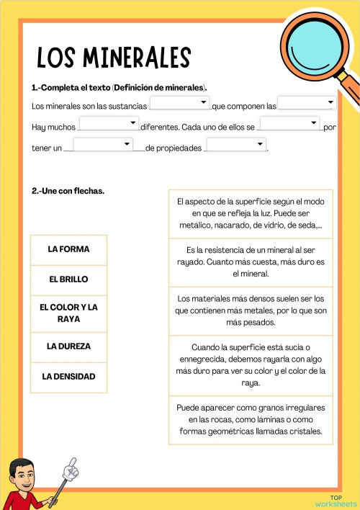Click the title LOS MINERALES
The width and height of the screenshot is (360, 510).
[114, 58]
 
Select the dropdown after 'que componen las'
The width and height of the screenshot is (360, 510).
[307, 103]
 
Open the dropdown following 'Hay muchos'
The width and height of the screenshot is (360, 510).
[109, 124]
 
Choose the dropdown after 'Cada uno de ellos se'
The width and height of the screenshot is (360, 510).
[289, 124]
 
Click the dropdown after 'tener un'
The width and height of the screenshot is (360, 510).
[103, 145]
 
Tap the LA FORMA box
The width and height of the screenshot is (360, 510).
[69, 249]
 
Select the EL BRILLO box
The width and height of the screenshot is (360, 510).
[69, 279]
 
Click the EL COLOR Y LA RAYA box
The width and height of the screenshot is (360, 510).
[69, 313]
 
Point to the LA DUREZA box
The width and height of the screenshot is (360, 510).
[69, 346]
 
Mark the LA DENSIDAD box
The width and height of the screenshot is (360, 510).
[69, 377]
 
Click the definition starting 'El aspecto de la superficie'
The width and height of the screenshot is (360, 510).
[251, 214]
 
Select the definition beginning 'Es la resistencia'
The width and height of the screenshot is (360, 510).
[251, 261]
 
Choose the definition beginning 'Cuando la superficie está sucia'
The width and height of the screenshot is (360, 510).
[251, 365]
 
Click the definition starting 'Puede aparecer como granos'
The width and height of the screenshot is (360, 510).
[251, 420]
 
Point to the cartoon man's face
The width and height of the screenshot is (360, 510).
[26, 475]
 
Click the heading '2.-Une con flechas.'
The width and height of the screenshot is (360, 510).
[68, 191]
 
